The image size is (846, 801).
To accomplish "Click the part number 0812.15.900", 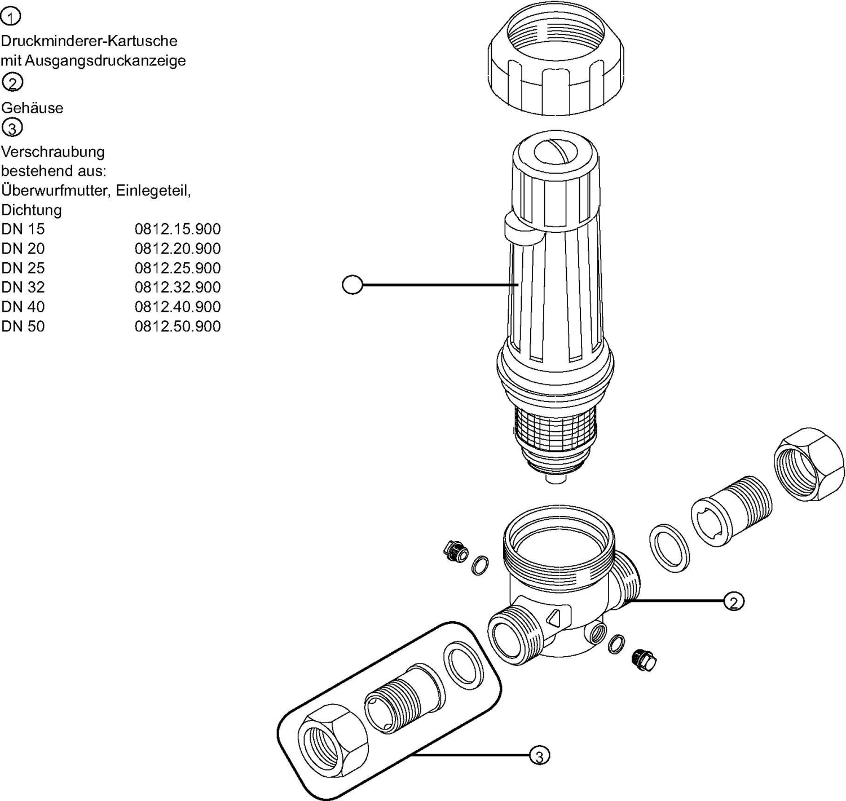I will point(177,229).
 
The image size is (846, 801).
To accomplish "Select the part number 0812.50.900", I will point(177,326).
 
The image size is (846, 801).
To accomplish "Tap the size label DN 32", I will point(23,287).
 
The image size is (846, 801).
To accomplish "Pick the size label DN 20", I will point(23,249).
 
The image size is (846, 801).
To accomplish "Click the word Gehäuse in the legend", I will point(32,108).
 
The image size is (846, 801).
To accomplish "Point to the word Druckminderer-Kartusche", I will point(89,41).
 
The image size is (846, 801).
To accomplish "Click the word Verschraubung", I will point(53,152).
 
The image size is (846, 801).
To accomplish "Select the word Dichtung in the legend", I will point(32,210).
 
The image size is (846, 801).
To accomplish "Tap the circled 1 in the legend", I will point(11,17).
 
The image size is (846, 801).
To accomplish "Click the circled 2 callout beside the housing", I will point(733,602).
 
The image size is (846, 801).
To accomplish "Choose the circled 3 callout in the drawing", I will point(539,756).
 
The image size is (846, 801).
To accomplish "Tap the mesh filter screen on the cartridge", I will point(556,426).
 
